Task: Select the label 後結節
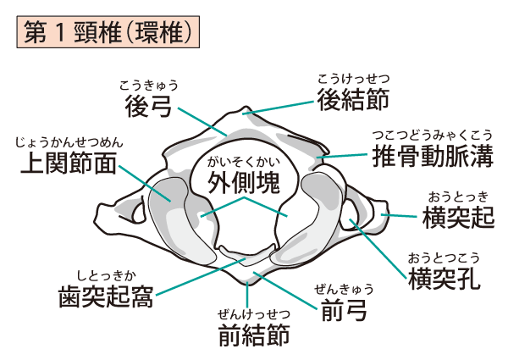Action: point(353,101)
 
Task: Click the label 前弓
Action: point(345,313)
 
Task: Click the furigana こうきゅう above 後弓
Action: point(149,85)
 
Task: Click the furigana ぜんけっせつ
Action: point(254,313)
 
